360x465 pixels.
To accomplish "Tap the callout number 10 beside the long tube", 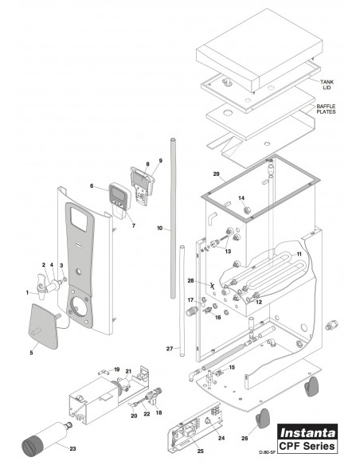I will tap(159, 229).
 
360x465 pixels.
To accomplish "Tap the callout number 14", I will tap(242, 197).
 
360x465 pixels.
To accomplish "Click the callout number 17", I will tap(190, 299).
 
